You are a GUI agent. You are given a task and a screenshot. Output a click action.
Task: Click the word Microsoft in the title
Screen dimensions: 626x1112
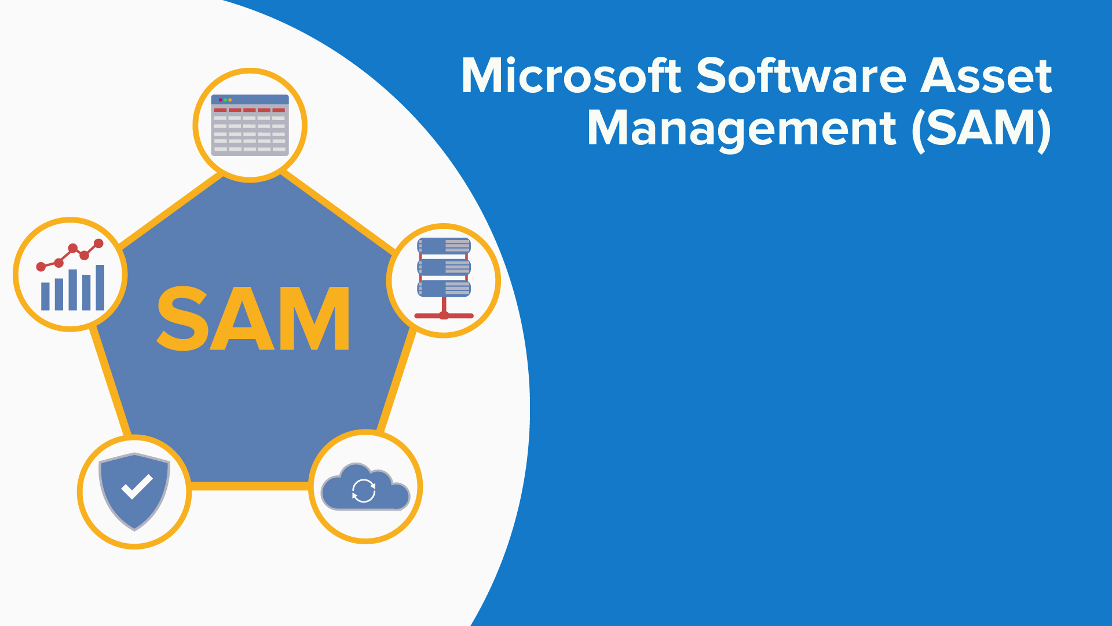pyautogui.click(x=571, y=76)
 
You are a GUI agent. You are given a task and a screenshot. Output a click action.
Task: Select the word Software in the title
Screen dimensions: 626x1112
pyautogui.click(x=801, y=76)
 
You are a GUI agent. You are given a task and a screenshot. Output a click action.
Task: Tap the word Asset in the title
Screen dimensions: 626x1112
pyautogui.click(x=986, y=76)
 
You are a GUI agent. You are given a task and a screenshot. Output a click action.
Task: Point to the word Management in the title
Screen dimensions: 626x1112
pyautogui.click(x=742, y=129)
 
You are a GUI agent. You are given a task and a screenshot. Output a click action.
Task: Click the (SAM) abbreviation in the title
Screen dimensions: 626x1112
pyautogui.click(x=982, y=129)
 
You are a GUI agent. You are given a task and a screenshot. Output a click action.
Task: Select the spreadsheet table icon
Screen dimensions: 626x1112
pyautogui.click(x=250, y=125)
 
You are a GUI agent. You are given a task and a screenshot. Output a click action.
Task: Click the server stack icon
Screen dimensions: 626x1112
pyautogui.click(x=444, y=278)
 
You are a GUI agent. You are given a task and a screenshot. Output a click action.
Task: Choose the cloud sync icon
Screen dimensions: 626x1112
pyautogui.click(x=365, y=487)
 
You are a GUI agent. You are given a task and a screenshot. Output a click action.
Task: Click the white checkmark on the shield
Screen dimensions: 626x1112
pyautogui.click(x=137, y=487)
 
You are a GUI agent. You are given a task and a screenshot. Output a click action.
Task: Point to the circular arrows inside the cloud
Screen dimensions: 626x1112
pyautogui.click(x=364, y=491)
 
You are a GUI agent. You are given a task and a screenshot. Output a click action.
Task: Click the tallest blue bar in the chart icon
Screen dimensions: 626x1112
pyautogui.click(x=100, y=287)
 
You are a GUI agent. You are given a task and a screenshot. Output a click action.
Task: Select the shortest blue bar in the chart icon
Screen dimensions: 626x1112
pyautogui.click(x=45, y=296)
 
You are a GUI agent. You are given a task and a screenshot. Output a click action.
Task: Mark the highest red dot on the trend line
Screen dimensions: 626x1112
pyautogui.click(x=98, y=243)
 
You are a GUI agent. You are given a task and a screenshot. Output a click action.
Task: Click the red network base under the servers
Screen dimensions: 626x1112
pyautogui.click(x=444, y=316)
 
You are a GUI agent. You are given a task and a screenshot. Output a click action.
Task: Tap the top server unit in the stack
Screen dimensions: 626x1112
pyautogui.click(x=444, y=246)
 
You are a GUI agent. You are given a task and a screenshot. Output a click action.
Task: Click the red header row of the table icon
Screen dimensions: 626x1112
pyautogui.click(x=250, y=110)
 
